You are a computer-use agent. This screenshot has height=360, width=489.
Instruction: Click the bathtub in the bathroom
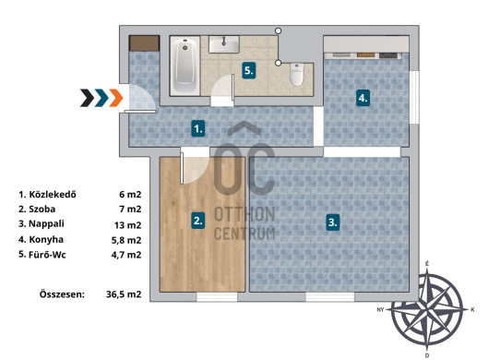185,66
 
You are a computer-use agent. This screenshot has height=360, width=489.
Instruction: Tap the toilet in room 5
296,75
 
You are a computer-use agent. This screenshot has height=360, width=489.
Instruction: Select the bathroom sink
224,44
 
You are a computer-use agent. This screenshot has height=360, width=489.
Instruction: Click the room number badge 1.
198,128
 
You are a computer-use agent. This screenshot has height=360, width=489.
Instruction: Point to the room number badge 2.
198,221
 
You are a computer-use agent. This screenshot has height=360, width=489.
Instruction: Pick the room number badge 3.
333,222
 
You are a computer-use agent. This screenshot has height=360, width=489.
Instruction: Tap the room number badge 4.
363,98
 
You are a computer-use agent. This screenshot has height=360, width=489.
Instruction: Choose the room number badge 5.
249,70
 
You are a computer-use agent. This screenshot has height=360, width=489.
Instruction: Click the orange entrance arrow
116,98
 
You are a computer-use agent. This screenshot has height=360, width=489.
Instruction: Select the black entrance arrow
87,98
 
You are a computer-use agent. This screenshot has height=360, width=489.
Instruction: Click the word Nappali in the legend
46,224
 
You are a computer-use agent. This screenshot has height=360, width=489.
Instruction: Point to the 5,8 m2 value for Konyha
126,240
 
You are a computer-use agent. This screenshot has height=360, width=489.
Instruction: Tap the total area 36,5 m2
124,294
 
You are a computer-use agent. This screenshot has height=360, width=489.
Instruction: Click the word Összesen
62,294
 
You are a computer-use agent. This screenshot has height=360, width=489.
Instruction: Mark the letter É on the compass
427,264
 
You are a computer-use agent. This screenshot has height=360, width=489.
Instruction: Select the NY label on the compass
380,310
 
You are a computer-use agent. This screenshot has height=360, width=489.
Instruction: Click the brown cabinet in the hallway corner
144,43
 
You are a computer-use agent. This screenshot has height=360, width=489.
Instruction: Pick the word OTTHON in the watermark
244,214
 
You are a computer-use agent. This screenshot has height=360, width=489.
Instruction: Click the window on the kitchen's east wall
414,97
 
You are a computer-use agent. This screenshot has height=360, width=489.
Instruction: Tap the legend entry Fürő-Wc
47,255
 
